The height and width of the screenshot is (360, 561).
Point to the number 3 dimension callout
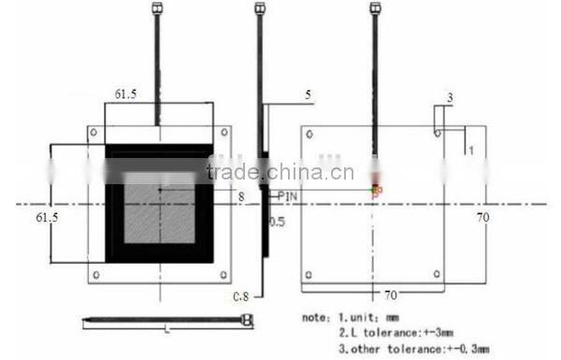point(449,96)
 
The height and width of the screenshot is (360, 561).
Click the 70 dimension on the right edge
point(483,217)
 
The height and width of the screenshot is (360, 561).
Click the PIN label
point(288,195)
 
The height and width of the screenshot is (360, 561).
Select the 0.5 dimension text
point(277,223)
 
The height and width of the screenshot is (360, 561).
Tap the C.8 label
point(240,296)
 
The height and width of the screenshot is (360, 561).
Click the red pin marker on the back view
point(375,191)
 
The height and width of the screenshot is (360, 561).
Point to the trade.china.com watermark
point(280,171)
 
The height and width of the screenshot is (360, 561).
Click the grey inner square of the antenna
point(160,208)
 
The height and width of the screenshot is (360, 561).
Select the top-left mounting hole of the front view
point(93,132)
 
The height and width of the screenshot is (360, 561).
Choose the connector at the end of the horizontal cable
point(247,320)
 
